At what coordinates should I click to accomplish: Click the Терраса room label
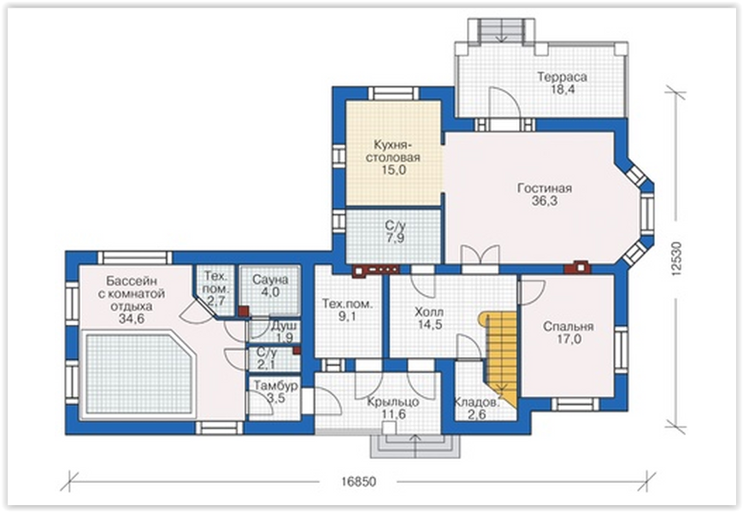tap(562, 77)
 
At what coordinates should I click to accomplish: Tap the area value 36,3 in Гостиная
tap(545, 201)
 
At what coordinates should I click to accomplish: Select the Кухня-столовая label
tap(393, 150)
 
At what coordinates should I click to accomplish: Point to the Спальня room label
tap(568, 327)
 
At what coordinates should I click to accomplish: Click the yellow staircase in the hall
tap(499, 356)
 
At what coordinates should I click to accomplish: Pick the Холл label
tap(429, 312)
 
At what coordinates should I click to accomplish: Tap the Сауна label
tap(270, 280)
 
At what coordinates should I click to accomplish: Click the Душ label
tap(284, 326)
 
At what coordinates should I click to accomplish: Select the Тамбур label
tap(276, 385)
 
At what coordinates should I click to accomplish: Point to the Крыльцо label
tap(393, 402)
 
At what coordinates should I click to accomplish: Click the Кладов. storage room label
tap(477, 402)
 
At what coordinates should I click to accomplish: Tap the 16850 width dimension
tap(357, 482)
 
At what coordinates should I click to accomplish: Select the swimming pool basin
tap(139, 374)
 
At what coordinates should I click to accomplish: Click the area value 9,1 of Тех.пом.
tap(347, 316)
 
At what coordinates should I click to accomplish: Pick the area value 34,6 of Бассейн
tap(132, 319)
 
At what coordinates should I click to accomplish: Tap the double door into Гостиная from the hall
tap(481, 257)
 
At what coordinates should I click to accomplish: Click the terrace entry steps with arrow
tap(502, 31)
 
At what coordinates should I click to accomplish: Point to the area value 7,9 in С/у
tap(395, 238)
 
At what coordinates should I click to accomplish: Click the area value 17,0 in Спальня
tap(569, 339)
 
